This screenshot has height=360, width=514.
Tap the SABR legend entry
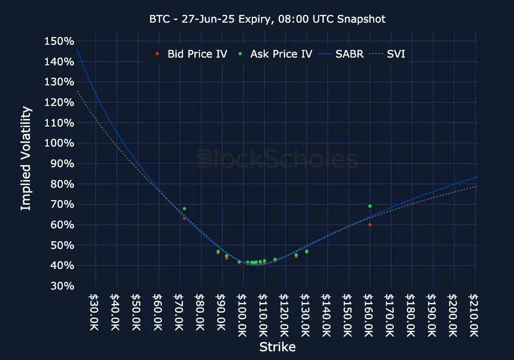342,53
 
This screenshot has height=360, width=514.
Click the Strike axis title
278,347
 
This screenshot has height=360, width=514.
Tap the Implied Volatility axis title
26,158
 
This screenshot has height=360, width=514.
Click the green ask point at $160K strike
370,206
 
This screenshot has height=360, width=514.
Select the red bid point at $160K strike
370,225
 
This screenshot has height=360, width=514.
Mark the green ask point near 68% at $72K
184,209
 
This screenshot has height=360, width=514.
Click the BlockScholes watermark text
278,159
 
